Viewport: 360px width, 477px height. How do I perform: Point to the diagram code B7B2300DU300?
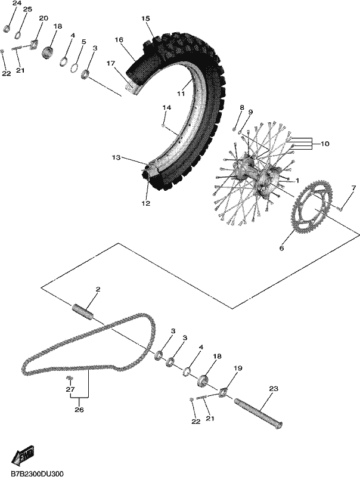pos(37,473)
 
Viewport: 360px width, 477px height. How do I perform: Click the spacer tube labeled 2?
pos(83,312)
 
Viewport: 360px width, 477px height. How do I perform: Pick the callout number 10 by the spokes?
pos(325,143)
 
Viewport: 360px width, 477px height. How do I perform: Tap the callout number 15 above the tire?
pos(145,18)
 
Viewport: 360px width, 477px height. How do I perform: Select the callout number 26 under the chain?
pos(79,410)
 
